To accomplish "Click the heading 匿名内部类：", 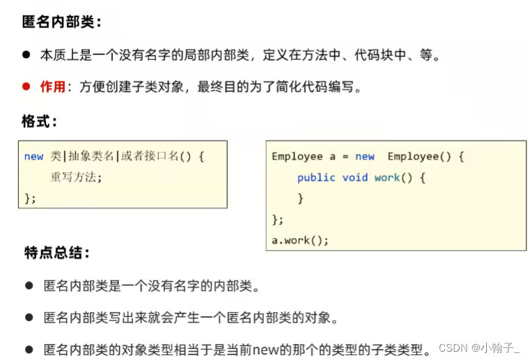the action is pos(61,22).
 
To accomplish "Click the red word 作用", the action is pos(52,87).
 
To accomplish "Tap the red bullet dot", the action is pos(26,87).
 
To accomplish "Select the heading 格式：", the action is pos(40,121).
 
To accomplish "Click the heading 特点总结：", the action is pos(56,253).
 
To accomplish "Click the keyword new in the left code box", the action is pos(33,157).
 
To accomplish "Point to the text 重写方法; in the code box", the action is pos(76,177).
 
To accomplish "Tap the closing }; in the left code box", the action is pos(30,198).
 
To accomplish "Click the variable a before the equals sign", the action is pos(333,157).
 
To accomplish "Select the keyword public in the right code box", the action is pos(316,178).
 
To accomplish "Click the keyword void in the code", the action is pos(354,178).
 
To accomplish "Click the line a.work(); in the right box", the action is pos(299,240).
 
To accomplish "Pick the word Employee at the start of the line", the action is pos(297,157).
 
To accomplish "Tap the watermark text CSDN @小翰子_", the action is pos(480,347).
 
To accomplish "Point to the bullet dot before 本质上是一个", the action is pos(26,55).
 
